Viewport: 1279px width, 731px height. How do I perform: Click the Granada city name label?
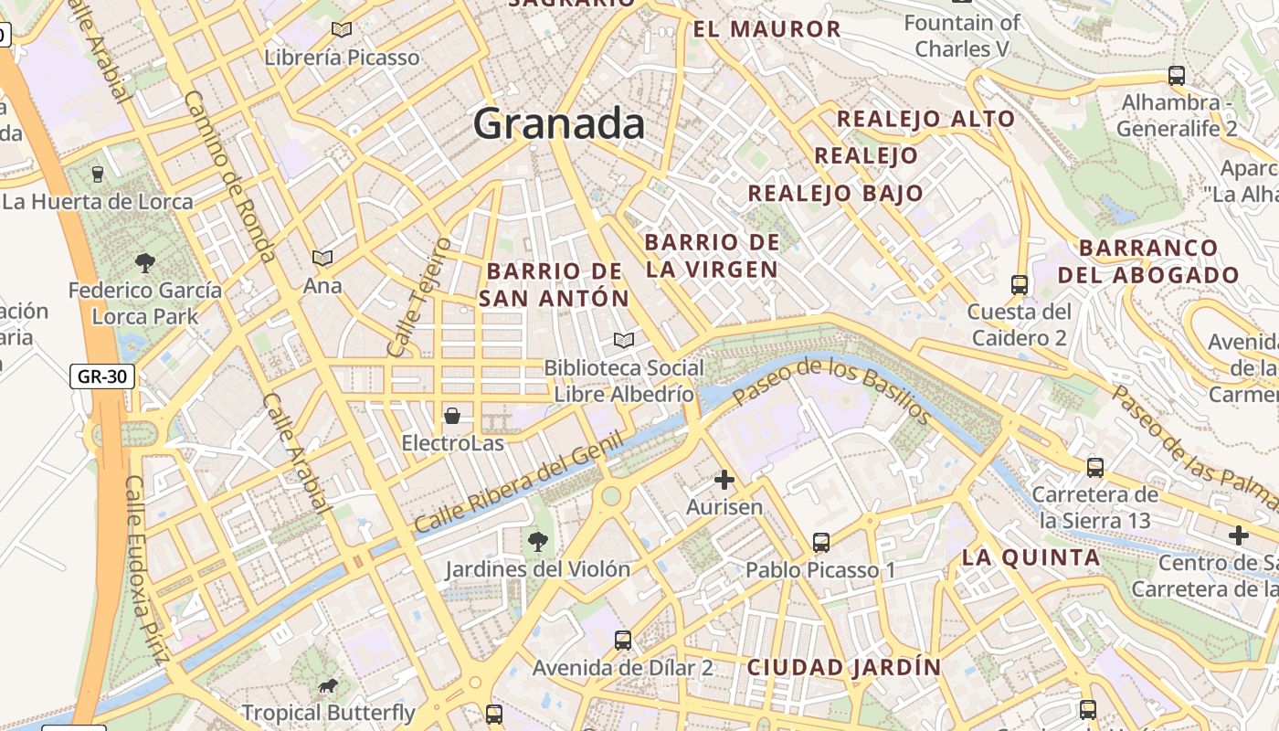click(558, 123)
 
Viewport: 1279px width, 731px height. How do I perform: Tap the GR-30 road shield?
click(102, 376)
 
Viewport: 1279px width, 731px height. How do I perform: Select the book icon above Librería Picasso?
click(342, 30)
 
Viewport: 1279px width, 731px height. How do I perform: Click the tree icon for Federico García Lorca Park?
click(144, 263)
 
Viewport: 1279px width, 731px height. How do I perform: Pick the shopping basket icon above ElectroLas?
click(452, 417)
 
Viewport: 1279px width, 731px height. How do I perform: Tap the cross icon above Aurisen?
click(724, 480)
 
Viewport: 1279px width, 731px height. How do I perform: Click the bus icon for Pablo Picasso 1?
click(821, 543)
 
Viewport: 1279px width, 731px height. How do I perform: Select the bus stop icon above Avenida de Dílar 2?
click(623, 640)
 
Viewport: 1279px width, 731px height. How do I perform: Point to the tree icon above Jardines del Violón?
click(538, 542)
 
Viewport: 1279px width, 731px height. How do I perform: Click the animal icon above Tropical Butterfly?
click(328, 686)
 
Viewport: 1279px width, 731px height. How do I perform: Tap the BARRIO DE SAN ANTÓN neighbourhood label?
click(555, 284)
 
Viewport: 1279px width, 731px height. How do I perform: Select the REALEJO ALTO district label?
click(925, 119)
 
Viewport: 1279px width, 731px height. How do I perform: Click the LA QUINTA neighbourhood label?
click(1031, 557)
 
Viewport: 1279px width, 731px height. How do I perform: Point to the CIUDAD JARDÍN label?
click(844, 667)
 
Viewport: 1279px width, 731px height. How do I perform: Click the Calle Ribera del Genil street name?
click(518, 482)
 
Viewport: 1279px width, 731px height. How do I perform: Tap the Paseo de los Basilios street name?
click(832, 391)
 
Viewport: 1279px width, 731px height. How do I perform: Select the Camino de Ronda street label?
click(229, 175)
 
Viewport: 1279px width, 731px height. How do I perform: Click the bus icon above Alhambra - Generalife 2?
click(1177, 76)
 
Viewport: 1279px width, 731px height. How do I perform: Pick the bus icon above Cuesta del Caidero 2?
click(1020, 285)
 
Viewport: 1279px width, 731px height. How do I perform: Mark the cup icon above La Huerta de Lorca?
click(98, 174)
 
